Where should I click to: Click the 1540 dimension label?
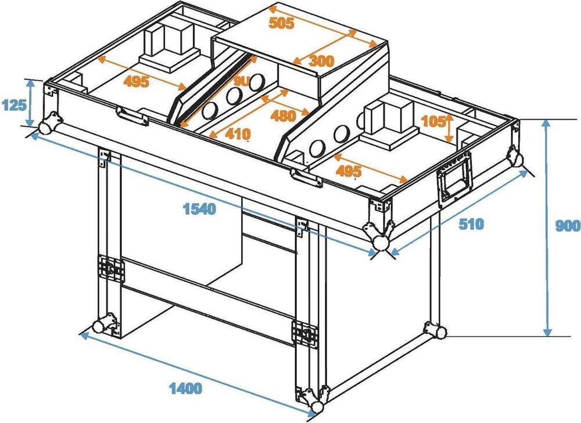point(199,209)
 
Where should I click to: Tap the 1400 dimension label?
point(186,388)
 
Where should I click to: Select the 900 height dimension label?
point(568,225)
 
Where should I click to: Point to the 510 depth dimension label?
point(471,223)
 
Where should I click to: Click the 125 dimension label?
point(15,106)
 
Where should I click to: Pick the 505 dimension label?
point(281,23)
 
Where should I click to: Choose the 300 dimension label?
point(321,61)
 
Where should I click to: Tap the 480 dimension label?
point(284,116)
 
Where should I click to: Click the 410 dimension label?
point(238,133)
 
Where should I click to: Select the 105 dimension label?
point(433,121)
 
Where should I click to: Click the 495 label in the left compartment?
point(137,81)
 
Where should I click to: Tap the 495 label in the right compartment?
point(348,171)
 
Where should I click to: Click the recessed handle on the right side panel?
point(455,178)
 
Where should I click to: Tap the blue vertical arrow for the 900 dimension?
point(548,228)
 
